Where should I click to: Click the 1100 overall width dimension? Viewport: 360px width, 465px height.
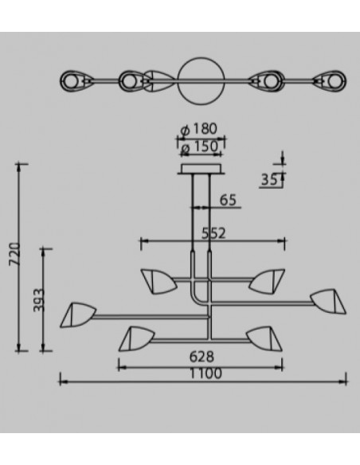(205, 373)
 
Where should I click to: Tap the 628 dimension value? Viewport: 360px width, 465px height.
(202, 357)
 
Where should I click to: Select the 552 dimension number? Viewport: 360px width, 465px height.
(213, 233)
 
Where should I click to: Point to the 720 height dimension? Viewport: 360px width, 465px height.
(15, 254)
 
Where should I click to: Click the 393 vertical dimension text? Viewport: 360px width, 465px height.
(39, 300)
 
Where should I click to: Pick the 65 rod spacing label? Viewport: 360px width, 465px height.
(228, 200)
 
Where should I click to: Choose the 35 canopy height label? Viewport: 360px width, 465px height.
(269, 180)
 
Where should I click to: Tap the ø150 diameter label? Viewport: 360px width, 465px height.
(200, 147)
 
